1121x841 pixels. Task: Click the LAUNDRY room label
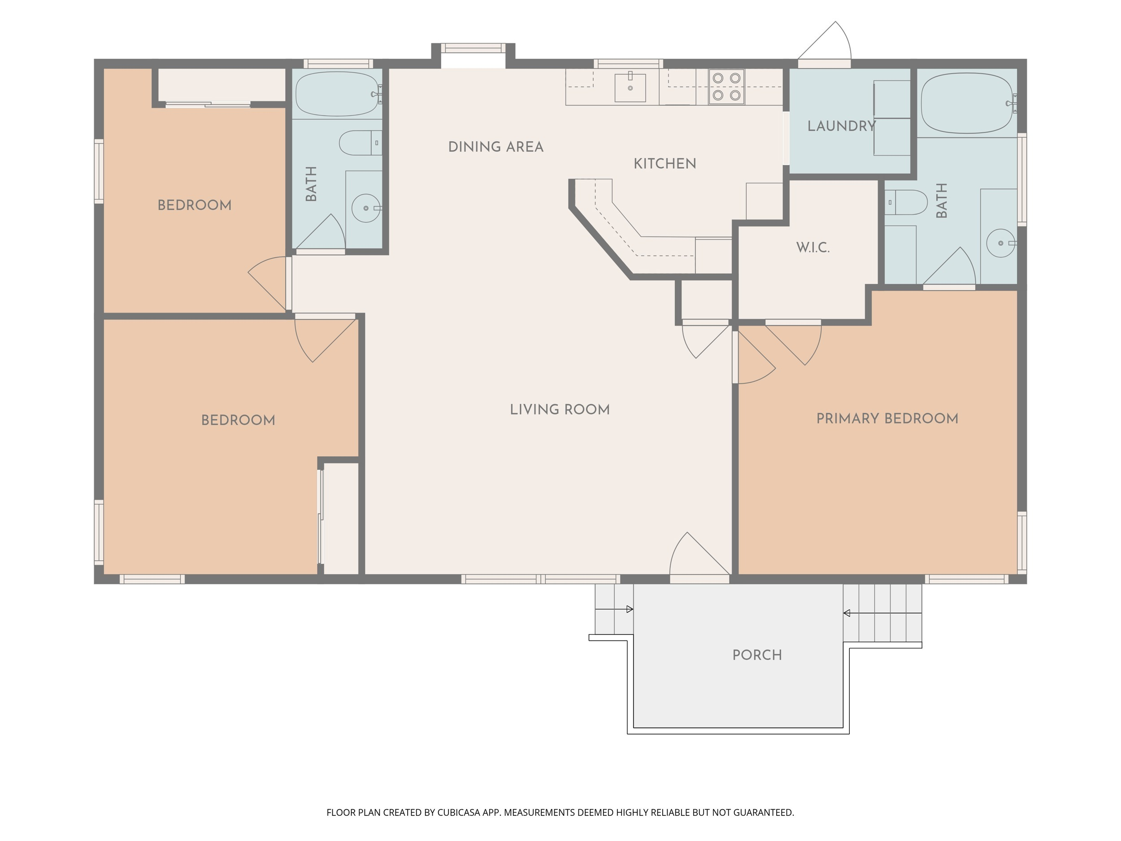coord(841,126)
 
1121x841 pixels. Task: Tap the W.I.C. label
coord(813,248)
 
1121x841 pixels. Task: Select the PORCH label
coord(757,655)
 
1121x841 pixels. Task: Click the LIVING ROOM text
coord(560,410)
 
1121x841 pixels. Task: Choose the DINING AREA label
coord(496,147)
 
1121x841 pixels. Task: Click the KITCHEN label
coord(665,163)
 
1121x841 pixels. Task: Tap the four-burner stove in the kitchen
coord(726,87)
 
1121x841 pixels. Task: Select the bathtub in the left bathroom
coord(338,94)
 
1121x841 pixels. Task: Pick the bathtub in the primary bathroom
coord(968,103)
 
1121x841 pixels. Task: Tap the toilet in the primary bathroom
coord(906,202)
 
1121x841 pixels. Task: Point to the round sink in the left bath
coord(366,208)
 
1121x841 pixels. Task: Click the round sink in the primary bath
coord(1001,243)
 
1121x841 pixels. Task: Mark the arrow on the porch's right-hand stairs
coord(882,614)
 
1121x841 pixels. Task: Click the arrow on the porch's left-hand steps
coord(614,609)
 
